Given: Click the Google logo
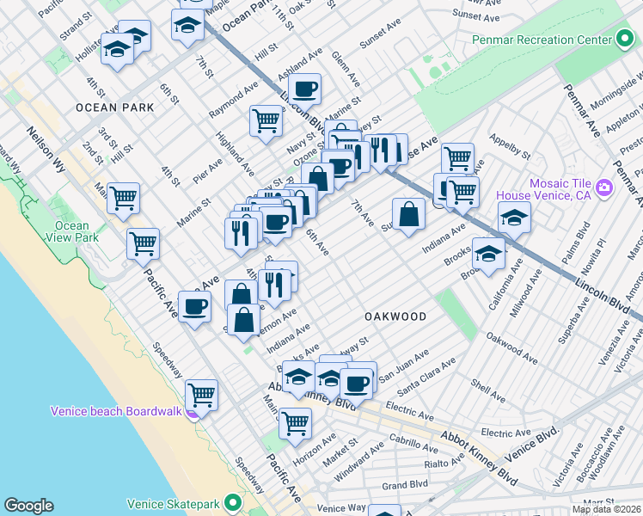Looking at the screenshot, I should [28, 506].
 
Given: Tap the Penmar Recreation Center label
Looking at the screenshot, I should [542, 40].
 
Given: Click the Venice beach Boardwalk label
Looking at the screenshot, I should [116, 411].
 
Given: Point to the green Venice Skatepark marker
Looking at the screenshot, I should [232, 503].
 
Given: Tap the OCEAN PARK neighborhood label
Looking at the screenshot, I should [114, 107].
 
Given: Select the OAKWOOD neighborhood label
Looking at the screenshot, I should [395, 316].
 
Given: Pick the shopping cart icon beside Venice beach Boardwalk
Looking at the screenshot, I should [201, 395].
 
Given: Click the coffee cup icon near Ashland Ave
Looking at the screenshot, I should [304, 88].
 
